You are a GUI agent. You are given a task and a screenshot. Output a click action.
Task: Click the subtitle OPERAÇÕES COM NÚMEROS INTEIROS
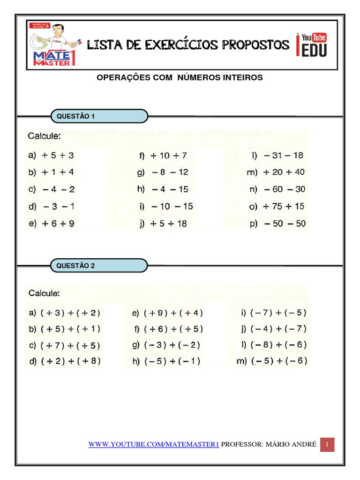pos(180,77)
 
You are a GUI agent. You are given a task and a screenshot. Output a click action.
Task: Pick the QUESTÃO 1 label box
pos(99,116)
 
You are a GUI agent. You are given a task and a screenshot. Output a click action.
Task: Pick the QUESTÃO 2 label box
pos(99,265)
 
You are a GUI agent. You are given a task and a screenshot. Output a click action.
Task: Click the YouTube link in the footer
pos(154,444)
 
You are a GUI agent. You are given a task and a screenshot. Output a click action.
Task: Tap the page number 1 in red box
pos(327,444)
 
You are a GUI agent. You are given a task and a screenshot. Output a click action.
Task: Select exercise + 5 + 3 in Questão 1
pos(58,156)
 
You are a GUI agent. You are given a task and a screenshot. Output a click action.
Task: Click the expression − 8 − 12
pos(169,172)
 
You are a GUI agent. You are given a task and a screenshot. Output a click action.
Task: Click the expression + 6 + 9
pos(58,224)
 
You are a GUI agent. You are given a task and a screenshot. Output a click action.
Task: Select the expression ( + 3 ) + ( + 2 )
pos(70,313)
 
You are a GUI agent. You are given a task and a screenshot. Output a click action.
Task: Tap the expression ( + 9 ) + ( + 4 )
pos(173,313)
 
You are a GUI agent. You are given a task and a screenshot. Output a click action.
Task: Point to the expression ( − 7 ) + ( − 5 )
pos(278,313)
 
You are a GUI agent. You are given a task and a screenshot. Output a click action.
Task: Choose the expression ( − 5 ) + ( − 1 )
pos(172,361)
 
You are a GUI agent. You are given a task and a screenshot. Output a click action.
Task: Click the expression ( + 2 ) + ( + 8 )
pos(70,361)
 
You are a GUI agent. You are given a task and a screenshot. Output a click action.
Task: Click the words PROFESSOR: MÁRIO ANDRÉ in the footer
pos(269,444)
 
